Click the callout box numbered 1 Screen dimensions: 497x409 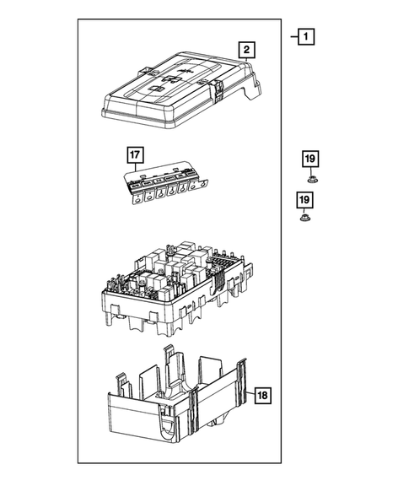point(306,36)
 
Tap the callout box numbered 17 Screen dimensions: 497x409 point(136,154)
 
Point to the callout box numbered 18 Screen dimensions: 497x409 point(263,394)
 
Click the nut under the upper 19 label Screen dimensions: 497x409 point(310,177)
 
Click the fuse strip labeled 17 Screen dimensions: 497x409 point(165,185)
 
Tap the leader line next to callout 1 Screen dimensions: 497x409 point(293,36)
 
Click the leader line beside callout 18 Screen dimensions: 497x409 point(250,394)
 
